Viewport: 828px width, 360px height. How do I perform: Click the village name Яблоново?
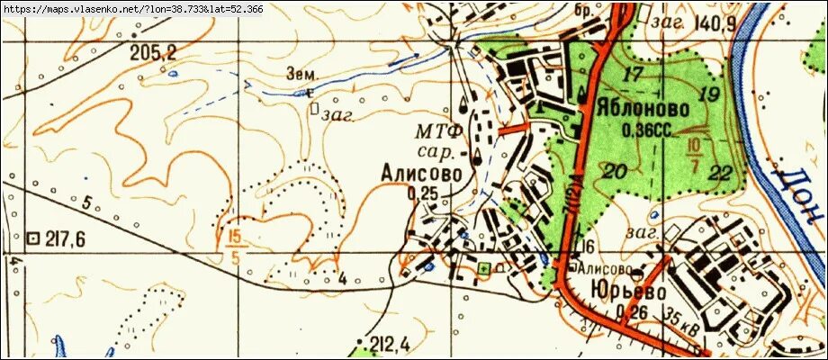643,109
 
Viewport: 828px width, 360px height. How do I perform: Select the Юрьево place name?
629,292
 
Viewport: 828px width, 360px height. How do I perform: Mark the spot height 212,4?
391,343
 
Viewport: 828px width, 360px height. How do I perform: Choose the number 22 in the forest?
720,173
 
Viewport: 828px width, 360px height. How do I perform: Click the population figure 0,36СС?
647,130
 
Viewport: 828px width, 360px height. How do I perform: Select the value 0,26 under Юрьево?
635,312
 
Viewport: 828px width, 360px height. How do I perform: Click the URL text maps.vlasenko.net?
135,10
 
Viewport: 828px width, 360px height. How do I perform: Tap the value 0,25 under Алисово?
422,193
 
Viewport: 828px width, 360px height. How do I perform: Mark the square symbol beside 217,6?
34,238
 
